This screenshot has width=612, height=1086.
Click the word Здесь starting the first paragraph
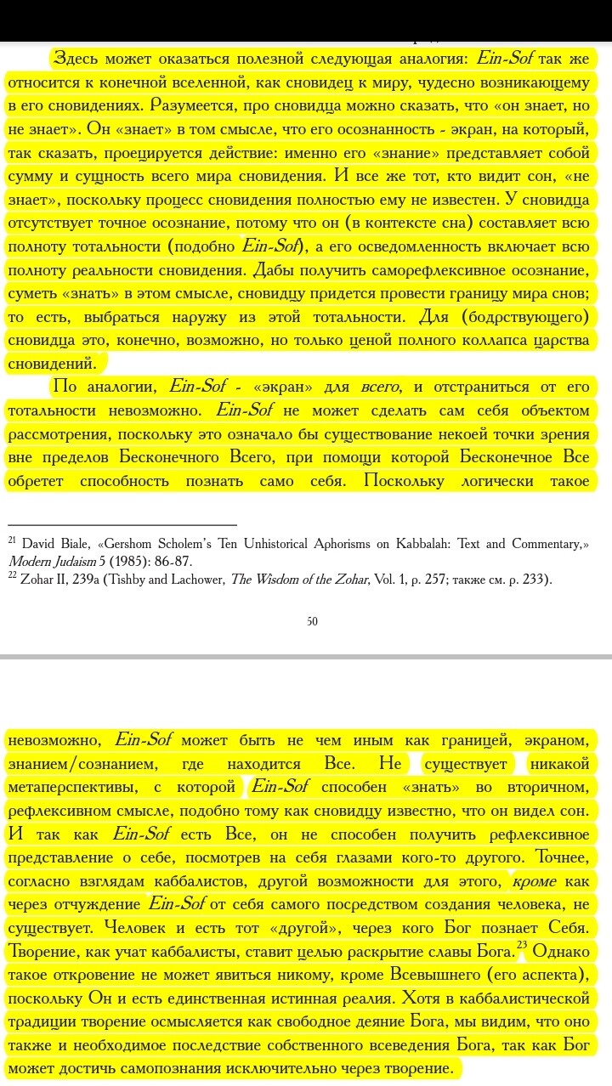pyautogui.click(x=76, y=59)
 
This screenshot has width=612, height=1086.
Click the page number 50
pyautogui.click(x=312, y=621)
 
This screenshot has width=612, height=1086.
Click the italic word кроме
pyautogui.click(x=534, y=882)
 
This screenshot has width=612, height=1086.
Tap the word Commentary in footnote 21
pyautogui.click(x=544, y=544)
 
